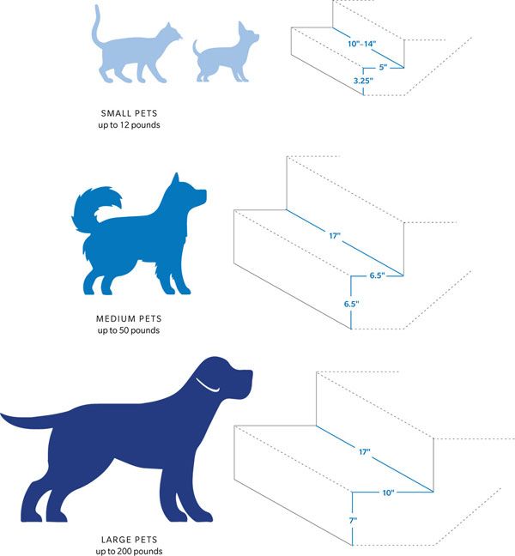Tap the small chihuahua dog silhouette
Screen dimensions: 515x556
click(223, 58)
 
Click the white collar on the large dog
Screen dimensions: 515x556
click(207, 385)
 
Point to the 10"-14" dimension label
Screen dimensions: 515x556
click(361, 44)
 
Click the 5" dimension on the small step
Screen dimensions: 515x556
click(383, 67)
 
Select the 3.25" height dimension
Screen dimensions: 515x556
click(363, 81)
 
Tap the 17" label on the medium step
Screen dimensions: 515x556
click(335, 235)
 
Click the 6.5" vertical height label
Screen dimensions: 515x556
click(351, 304)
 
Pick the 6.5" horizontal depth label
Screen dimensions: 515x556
click(377, 275)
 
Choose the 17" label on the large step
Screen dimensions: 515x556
click(364, 451)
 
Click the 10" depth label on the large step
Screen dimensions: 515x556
click(388, 493)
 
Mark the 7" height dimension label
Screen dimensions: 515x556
click(353, 521)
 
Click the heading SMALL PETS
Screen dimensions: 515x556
click(129, 113)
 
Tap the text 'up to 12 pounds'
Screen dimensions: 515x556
click(129, 125)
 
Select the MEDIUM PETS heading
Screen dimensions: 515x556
click(129, 319)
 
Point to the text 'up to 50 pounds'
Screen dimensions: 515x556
click(129, 330)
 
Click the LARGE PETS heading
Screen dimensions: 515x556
click(129, 540)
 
